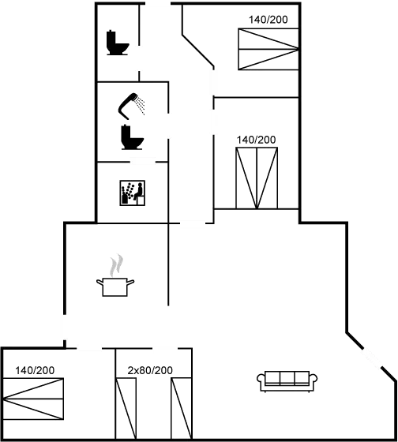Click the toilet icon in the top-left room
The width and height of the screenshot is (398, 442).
point(118,43)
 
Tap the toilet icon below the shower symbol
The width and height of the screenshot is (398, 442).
point(132,137)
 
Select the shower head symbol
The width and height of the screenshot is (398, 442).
point(131,106)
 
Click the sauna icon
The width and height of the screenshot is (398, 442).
point(133,193)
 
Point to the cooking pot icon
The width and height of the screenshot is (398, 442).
point(115,287)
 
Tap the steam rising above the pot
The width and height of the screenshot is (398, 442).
point(117,265)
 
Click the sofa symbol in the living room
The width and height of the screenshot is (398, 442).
point(287,381)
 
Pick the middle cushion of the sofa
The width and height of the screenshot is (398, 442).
point(287,378)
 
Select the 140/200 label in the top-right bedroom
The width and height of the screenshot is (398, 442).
point(268,20)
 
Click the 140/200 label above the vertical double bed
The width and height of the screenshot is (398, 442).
point(256,140)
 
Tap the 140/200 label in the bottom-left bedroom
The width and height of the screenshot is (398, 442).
point(35,370)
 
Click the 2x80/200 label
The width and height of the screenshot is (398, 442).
point(150,370)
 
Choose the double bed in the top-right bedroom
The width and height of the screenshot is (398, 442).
point(268,49)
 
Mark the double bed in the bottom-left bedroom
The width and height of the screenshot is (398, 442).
point(33,399)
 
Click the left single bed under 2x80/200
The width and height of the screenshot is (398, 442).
point(126,409)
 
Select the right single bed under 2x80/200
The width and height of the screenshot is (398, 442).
point(182,409)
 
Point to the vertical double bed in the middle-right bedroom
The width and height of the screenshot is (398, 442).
point(257,178)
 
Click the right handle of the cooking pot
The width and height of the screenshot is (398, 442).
point(130,283)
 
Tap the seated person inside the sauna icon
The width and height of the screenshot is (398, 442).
point(138,192)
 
